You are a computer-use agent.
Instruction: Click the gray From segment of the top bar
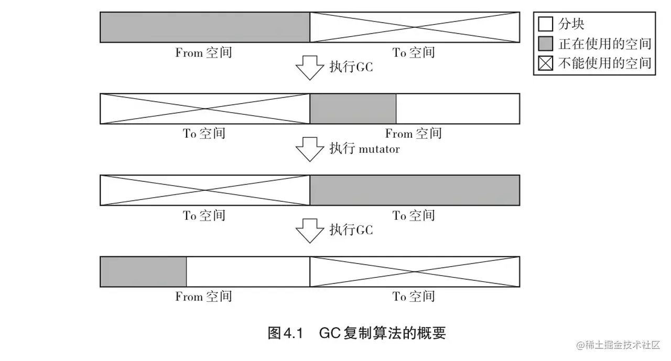tap(205, 27)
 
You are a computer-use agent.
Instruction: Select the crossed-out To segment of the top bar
tap(415, 27)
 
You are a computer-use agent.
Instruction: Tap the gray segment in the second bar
tap(353, 108)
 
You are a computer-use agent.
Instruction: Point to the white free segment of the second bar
tap(458, 108)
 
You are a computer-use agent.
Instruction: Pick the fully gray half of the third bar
tap(415, 190)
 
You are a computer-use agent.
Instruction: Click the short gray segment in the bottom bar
tap(143, 271)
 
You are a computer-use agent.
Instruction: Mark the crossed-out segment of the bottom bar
tap(415, 271)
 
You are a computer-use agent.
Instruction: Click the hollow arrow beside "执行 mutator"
tap(310, 149)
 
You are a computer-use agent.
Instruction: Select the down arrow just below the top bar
tap(310, 68)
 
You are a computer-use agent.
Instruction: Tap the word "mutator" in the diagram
tap(379, 149)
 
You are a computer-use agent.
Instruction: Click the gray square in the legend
tap(546, 43)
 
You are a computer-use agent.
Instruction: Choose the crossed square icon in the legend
tap(546, 63)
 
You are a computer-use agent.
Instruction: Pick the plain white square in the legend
tap(546, 24)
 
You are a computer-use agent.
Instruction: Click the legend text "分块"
tap(571, 24)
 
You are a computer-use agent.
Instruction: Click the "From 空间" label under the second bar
tap(413, 134)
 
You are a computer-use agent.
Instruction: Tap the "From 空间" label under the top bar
tap(203, 52)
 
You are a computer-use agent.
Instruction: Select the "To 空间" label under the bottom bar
tap(414, 297)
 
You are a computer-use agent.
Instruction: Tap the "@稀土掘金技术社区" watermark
tap(619, 345)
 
